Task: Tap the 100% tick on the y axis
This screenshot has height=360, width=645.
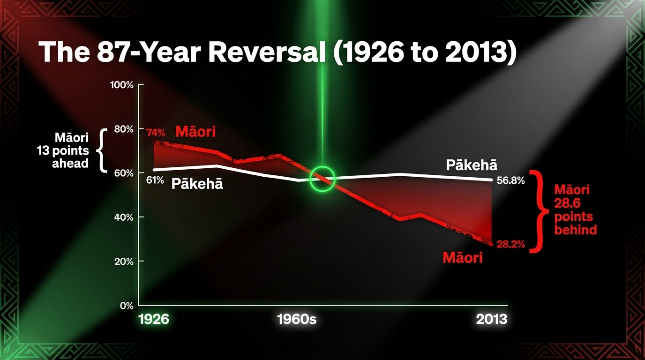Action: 122,85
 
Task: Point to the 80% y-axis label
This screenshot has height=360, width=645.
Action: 124,129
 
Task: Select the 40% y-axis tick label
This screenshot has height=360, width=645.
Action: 124,217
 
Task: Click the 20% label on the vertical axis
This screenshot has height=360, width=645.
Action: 124,262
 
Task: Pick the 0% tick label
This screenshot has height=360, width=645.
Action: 127,306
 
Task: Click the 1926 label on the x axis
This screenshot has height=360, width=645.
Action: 154,319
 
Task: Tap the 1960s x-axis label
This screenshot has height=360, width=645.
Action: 297,319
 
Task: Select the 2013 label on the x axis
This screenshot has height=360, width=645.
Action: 492,319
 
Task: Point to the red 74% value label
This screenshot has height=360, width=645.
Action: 156,133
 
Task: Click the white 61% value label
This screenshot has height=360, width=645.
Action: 155,180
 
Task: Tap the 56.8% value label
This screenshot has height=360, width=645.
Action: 510,181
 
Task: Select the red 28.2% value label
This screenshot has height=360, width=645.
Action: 511,245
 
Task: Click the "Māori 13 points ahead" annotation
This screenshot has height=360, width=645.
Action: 63,150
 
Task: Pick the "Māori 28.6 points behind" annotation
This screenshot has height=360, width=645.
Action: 575,210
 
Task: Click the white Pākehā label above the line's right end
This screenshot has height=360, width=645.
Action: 472,165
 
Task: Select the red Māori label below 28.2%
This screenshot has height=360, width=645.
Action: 463,257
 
